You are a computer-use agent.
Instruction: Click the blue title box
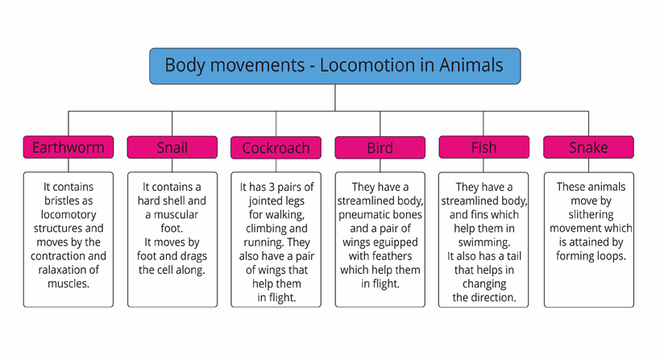click(335, 66)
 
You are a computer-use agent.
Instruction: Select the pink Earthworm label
click(68, 147)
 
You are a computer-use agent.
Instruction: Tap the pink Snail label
click(172, 147)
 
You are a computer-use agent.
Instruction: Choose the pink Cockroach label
click(276, 147)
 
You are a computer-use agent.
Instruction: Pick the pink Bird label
click(380, 147)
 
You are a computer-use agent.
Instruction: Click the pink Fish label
click(484, 147)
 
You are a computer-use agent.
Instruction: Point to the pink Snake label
click(588, 147)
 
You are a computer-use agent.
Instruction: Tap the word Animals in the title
click(471, 65)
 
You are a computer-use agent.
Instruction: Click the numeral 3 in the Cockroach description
click(272, 187)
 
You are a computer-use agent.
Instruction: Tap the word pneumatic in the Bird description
click(363, 215)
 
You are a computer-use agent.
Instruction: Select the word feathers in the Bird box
click(391, 256)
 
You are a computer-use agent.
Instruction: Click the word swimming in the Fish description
click(484, 242)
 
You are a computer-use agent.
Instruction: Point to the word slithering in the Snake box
click(591, 215)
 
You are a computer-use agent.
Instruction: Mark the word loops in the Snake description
click(611, 256)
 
